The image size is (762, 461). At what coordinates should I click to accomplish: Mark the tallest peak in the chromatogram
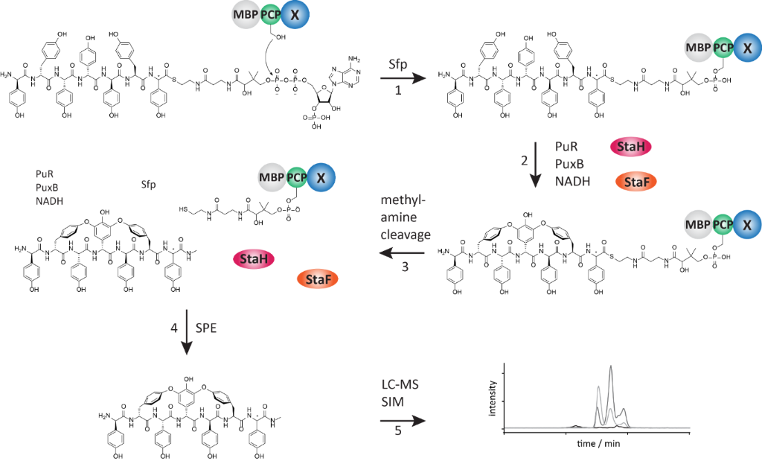(611, 367)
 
